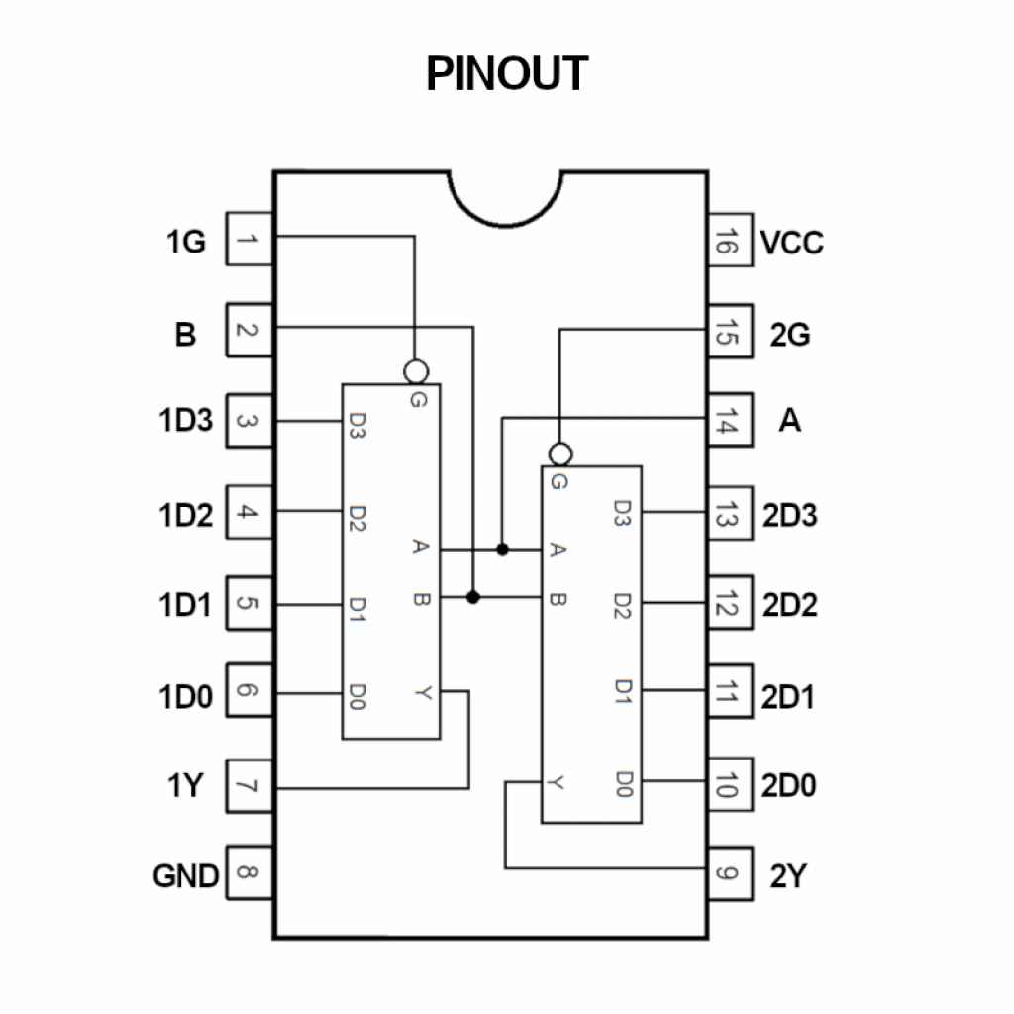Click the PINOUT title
point(507,73)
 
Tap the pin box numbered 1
point(251,239)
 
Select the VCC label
point(792,243)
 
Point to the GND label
point(185,876)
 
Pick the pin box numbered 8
point(251,873)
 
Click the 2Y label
point(788,876)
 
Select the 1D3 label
point(186,421)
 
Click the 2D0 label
point(790,787)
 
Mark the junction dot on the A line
point(503,549)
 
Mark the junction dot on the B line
point(473,597)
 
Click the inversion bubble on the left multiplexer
point(416,371)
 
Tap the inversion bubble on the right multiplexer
point(559,455)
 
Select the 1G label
point(186,241)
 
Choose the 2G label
point(790,335)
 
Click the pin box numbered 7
point(251,787)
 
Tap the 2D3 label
point(790,516)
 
